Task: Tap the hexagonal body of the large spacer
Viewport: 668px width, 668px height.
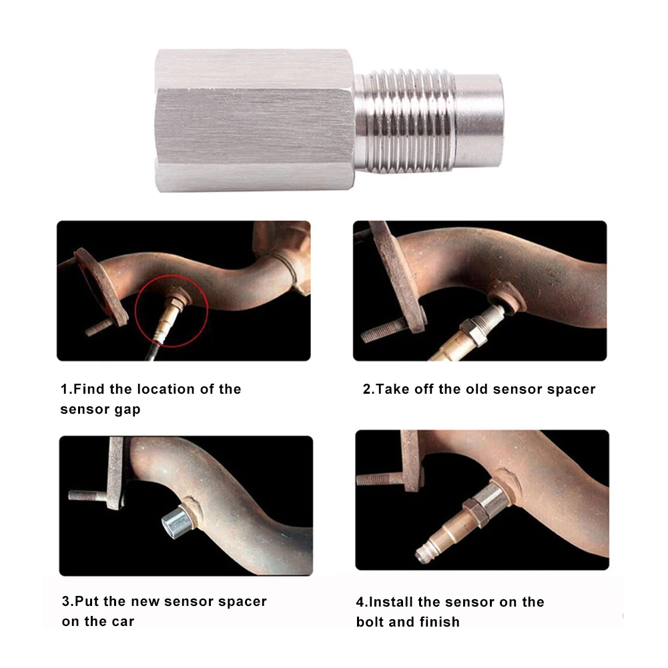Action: pos(254,120)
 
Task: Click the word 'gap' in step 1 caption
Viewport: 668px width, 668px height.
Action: pos(126,409)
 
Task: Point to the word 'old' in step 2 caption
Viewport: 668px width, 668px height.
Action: pos(474,389)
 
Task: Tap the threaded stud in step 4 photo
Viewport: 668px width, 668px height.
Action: pos(378,478)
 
